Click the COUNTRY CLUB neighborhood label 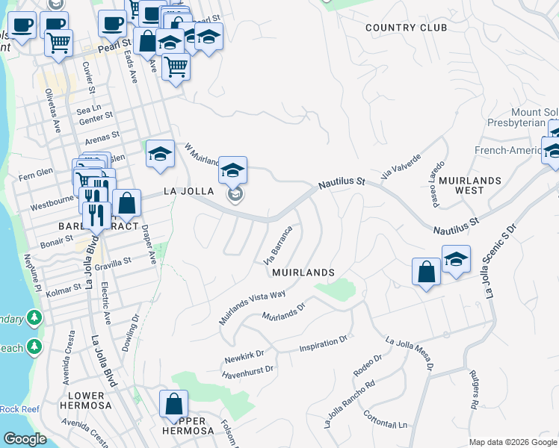point(406,28)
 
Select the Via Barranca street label point(277,245)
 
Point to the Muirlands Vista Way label point(252,307)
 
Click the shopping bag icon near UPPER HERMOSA point(173,405)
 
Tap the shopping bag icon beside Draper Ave point(127,203)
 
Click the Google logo point(25,439)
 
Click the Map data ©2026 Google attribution point(512,442)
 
